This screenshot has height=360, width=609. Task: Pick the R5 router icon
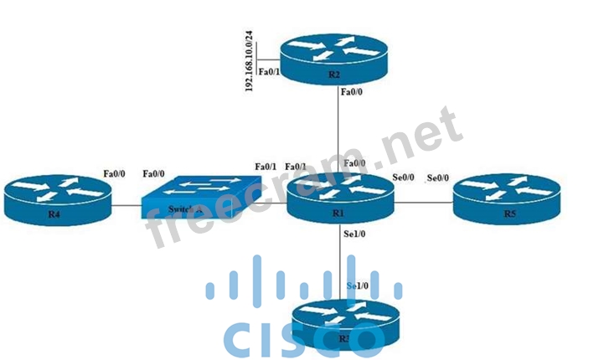click(x=506, y=199)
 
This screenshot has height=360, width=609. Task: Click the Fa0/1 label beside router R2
click(x=269, y=72)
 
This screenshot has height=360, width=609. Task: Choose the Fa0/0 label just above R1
click(x=355, y=164)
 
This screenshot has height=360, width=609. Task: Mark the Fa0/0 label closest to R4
click(x=114, y=173)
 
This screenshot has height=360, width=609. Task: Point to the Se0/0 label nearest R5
click(x=438, y=178)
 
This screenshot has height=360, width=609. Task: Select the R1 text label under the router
click(x=338, y=213)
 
